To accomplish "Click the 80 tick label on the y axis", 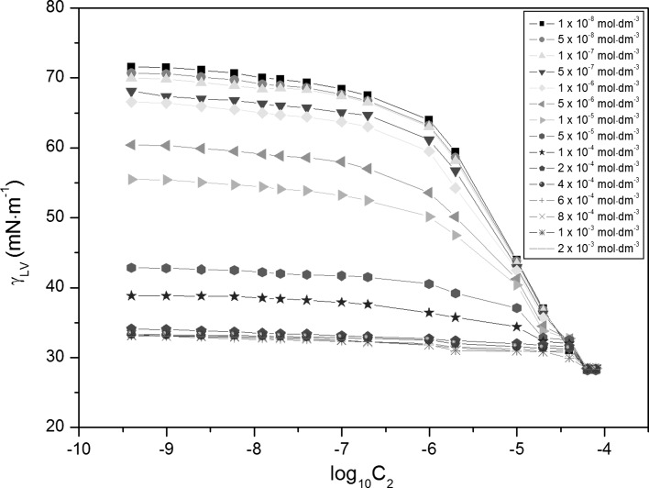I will (57, 8).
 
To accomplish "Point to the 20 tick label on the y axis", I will (57, 427).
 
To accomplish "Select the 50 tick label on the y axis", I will (57, 218).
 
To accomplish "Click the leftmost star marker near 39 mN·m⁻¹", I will (132, 295).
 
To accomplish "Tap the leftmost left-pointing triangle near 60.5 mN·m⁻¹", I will (132, 145).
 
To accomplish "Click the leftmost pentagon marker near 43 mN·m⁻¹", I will (132, 268).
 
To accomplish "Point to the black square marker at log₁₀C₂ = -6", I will (429, 120).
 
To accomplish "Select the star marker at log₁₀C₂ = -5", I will (517, 327).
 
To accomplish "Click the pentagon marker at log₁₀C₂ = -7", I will (342, 276).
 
